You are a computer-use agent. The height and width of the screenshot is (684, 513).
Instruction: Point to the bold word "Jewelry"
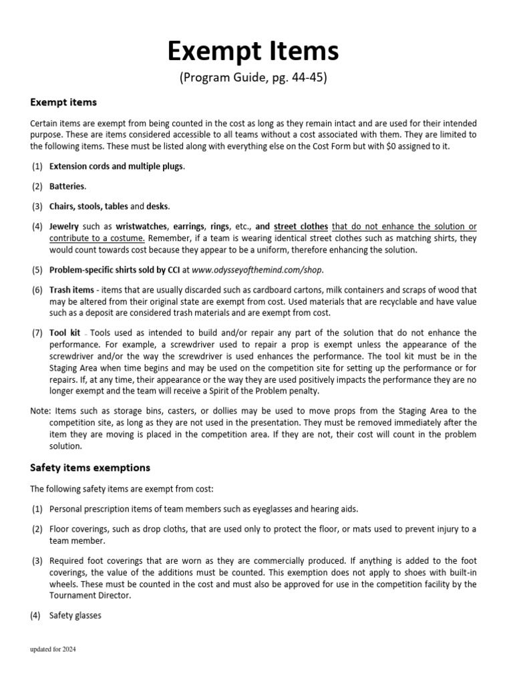point(64,226)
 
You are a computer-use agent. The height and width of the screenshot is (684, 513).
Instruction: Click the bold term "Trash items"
point(70,291)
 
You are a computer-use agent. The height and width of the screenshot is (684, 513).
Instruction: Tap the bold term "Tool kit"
point(65,333)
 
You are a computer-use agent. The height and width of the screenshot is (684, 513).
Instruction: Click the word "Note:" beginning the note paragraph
point(41,411)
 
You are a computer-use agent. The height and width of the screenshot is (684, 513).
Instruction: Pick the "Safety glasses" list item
point(75,615)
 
